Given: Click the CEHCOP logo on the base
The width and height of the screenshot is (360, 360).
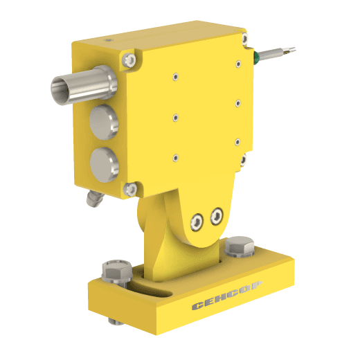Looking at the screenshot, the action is [227, 295].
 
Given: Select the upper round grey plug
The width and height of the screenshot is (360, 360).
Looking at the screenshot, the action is [104, 123].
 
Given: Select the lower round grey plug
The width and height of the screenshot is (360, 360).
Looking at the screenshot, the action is [105, 165].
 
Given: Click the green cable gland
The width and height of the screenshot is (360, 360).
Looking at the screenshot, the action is [256, 57].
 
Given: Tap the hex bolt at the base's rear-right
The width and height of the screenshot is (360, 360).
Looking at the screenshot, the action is [240, 246].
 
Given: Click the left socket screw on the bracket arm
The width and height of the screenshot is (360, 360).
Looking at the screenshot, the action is [197, 222].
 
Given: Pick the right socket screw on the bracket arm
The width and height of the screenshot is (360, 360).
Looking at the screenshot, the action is [217, 216].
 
